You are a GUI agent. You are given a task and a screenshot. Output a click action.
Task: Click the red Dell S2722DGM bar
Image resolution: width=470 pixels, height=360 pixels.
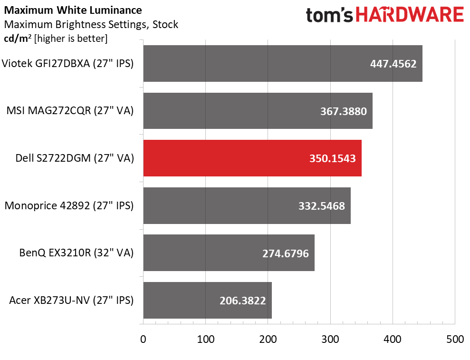[252, 158]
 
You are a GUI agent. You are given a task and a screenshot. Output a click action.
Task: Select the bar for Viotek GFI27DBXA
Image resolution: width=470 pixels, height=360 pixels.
[283, 63]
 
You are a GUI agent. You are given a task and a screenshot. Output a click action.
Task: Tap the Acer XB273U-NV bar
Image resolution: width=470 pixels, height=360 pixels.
[207, 300]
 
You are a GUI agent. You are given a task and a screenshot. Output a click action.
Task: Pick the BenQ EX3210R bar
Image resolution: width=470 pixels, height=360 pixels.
[229, 253]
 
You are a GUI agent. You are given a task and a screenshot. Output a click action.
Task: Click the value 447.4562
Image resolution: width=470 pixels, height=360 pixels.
[393, 64]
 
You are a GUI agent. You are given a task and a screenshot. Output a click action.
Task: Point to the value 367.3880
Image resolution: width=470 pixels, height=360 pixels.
[344, 111]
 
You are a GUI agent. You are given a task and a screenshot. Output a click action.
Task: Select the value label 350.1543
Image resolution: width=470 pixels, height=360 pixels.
[332, 158]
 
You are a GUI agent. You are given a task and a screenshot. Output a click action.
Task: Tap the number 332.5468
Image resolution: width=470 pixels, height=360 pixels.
[322, 206]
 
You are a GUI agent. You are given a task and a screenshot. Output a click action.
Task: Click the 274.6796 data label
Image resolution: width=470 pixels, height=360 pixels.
[286, 253]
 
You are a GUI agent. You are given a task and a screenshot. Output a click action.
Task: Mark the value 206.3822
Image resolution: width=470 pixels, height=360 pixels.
[243, 301]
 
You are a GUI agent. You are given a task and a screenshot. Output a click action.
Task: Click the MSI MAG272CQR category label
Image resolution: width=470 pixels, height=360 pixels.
[70, 111]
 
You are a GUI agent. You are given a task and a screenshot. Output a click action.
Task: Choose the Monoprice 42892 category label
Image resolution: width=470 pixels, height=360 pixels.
[69, 206]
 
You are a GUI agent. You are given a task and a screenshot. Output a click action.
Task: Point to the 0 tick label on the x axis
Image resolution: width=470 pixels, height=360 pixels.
[143, 339]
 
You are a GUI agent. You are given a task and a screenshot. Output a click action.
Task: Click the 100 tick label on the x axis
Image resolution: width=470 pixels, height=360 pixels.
[206, 339]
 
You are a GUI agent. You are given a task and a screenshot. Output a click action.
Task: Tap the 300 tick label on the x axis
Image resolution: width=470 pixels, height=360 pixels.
[330, 339]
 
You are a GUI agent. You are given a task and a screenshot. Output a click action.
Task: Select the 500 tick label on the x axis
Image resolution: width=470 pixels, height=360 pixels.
[455, 339]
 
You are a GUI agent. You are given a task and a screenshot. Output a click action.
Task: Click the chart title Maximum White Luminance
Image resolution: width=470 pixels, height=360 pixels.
[73, 10]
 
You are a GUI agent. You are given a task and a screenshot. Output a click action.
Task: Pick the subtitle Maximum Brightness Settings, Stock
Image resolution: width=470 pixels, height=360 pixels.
[91, 24]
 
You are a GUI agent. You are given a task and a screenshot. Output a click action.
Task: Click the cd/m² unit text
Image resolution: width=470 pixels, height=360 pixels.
[18, 39]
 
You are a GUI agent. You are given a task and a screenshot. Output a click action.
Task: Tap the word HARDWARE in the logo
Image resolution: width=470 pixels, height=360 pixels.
[410, 15]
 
